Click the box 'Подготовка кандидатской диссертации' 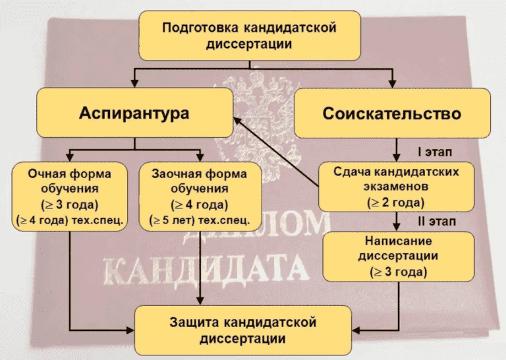(x=250, y=36)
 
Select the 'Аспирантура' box (x=134, y=113)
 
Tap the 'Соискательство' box (x=392, y=113)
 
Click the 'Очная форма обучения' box (x=70, y=196)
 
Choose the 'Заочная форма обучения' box (x=200, y=196)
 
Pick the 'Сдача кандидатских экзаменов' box (x=396, y=187)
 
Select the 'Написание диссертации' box (x=399, y=256)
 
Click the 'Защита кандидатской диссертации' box (x=243, y=330)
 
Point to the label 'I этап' (x=435, y=152)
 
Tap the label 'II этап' (x=437, y=222)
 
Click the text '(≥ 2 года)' (x=396, y=203)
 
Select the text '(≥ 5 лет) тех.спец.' (x=200, y=220)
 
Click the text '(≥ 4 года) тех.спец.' (x=70, y=220)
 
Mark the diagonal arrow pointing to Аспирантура (x=276, y=152)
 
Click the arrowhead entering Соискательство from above (x=392, y=83)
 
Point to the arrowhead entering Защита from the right (x=356, y=330)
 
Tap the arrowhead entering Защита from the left (x=130, y=330)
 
